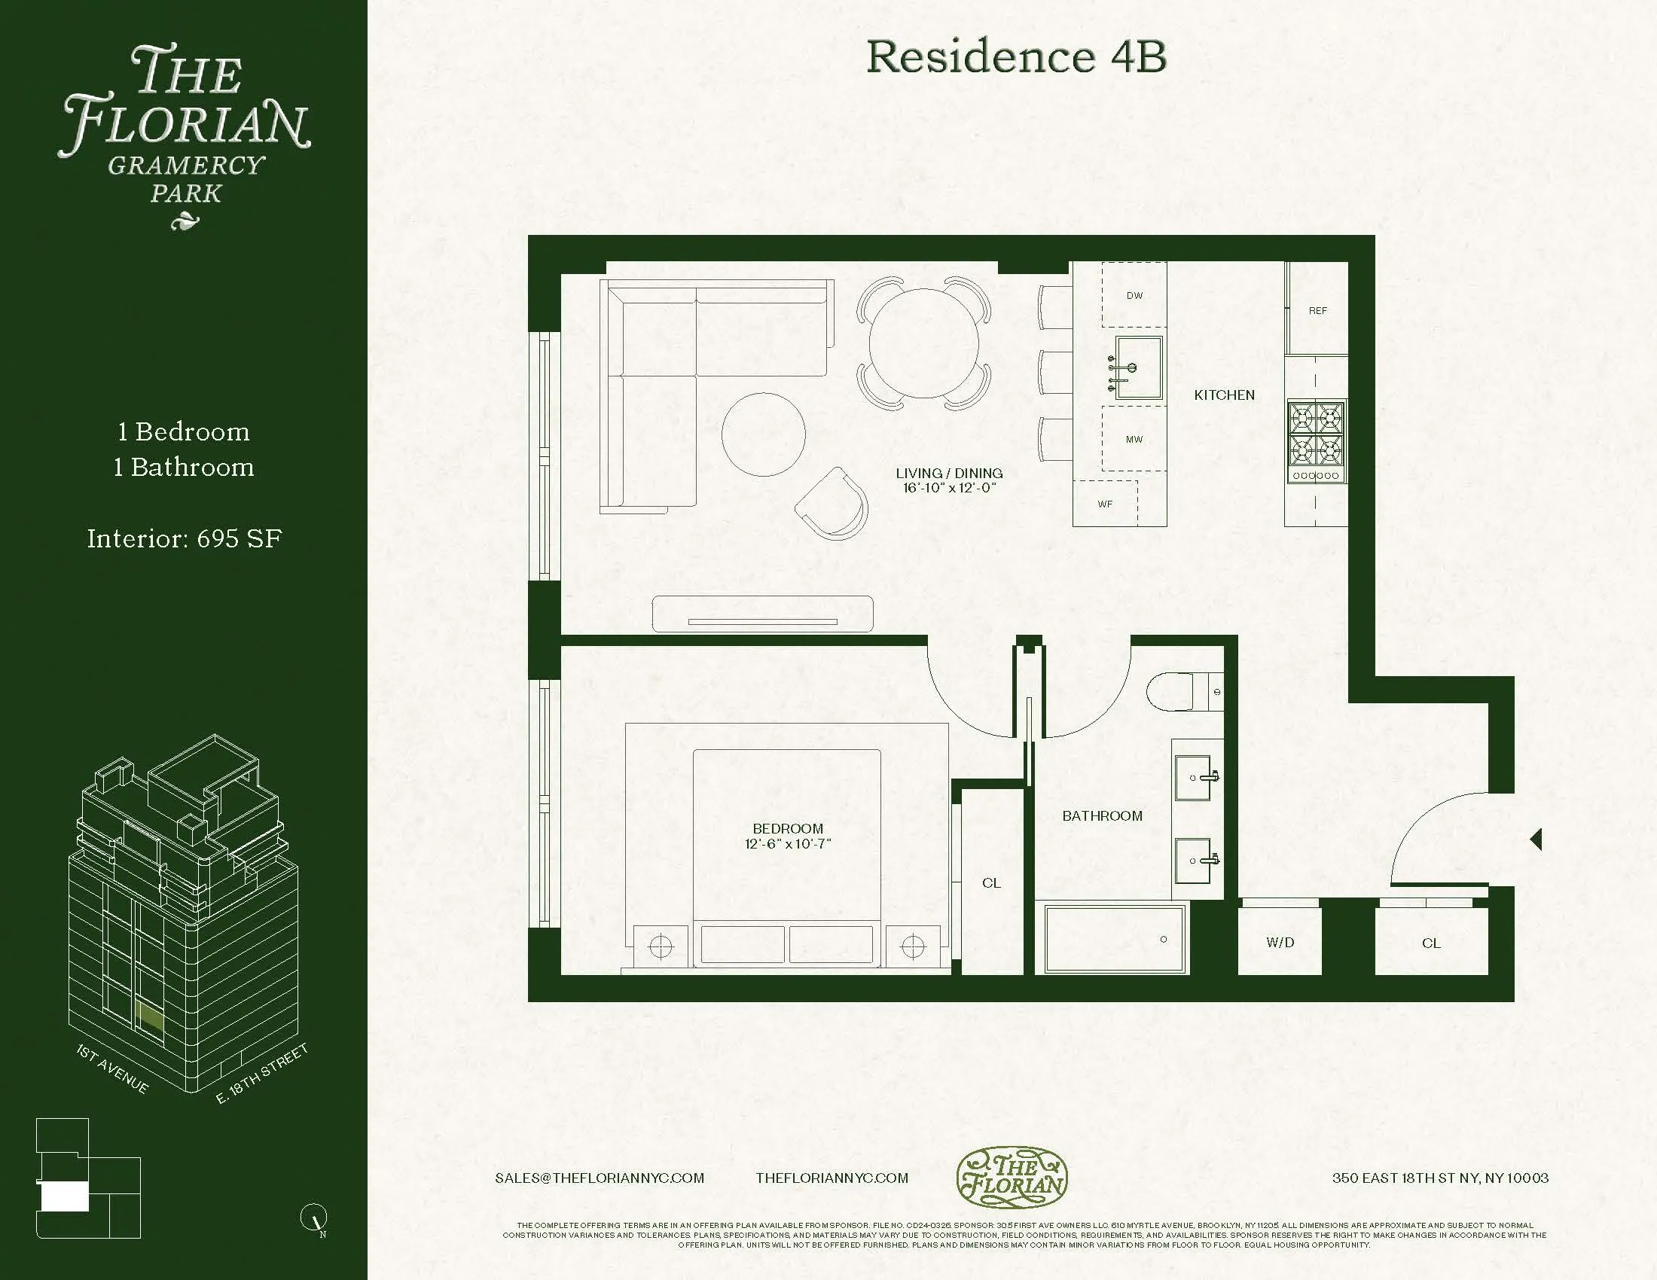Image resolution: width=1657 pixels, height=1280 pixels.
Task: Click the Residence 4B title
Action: coord(1016,57)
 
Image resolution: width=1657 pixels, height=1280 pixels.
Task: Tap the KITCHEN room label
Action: coord(1224,395)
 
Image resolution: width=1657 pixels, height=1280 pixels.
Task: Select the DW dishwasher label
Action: coord(1134,296)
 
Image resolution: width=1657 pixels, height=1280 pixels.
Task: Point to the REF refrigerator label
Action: coord(1318,311)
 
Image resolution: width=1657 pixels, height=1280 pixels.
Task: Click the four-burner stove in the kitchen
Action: coord(1317,434)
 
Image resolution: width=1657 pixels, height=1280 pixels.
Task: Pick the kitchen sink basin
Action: coord(1139,367)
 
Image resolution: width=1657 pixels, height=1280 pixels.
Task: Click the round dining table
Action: coord(923,343)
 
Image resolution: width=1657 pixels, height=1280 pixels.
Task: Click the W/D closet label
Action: coord(1280,943)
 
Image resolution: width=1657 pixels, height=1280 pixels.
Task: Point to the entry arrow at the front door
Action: coord(1536,840)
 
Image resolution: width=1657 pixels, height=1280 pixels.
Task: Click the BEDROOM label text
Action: coord(788,829)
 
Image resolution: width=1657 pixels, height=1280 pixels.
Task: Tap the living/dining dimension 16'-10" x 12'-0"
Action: coord(949,488)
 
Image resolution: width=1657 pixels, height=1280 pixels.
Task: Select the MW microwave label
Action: coord(1134,440)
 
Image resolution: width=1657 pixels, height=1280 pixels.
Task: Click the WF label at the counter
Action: coord(1105,504)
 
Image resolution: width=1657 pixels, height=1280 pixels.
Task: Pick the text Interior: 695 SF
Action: coord(185,539)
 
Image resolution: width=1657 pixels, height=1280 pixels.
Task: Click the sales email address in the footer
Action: coord(600,1178)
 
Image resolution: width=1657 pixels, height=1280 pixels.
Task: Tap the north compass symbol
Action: coord(314,1217)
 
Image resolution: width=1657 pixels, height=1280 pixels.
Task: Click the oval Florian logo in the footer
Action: coord(1012,1178)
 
